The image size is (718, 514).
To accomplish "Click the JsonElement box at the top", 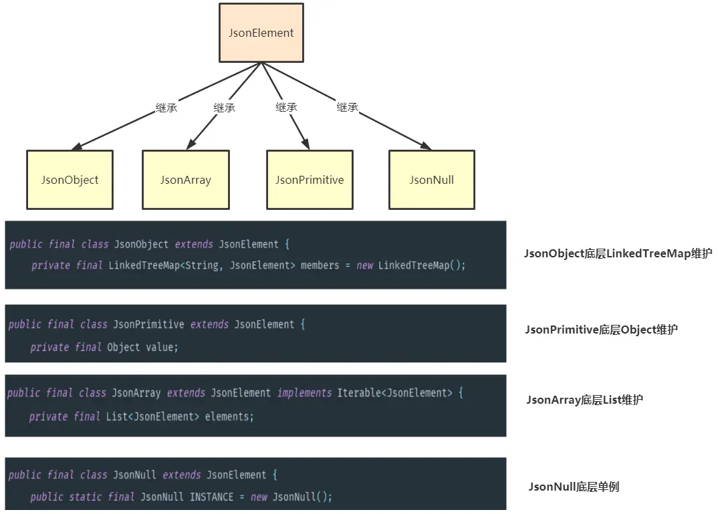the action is click(261, 33).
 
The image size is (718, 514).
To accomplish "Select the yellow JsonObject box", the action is click(70, 180).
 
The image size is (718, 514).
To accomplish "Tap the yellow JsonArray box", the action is click(185, 180).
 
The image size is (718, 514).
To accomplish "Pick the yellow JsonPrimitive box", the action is click(310, 180).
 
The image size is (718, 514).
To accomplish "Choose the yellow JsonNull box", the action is click(432, 180).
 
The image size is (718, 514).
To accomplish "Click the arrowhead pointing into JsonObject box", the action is click(77, 146).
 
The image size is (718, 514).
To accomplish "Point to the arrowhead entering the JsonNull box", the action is click(426, 146).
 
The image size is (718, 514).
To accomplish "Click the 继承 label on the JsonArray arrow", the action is click(225, 108).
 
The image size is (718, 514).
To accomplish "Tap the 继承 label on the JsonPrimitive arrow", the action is click(286, 107).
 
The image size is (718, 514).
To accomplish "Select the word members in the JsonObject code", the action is click(320, 265).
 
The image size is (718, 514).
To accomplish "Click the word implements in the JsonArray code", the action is click(304, 393).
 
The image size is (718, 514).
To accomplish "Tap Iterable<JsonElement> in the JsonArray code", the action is click(394, 393).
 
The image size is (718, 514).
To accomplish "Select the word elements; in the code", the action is click(229, 417).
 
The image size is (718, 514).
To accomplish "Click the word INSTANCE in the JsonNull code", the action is click(211, 497).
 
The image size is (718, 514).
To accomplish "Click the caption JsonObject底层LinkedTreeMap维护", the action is click(618, 253).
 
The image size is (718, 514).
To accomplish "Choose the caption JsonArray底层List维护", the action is click(584, 400).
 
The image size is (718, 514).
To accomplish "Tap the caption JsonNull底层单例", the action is click(574, 487).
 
